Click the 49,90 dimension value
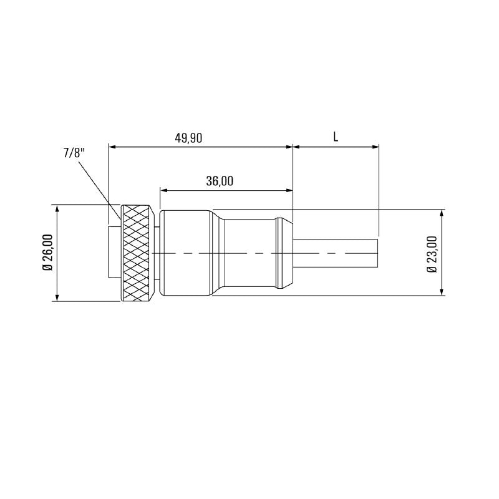click(188, 138)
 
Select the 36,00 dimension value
click(219, 181)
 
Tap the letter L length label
click(336, 137)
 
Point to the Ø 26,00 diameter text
click(47, 253)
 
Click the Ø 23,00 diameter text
click(431, 253)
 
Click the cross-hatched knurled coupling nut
click(136, 253)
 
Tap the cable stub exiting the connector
click(337, 253)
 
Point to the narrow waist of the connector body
click(249, 253)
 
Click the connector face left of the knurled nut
click(114, 253)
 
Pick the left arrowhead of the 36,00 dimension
click(164, 190)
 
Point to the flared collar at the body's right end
click(284, 253)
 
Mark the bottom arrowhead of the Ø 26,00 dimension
click(57, 298)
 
